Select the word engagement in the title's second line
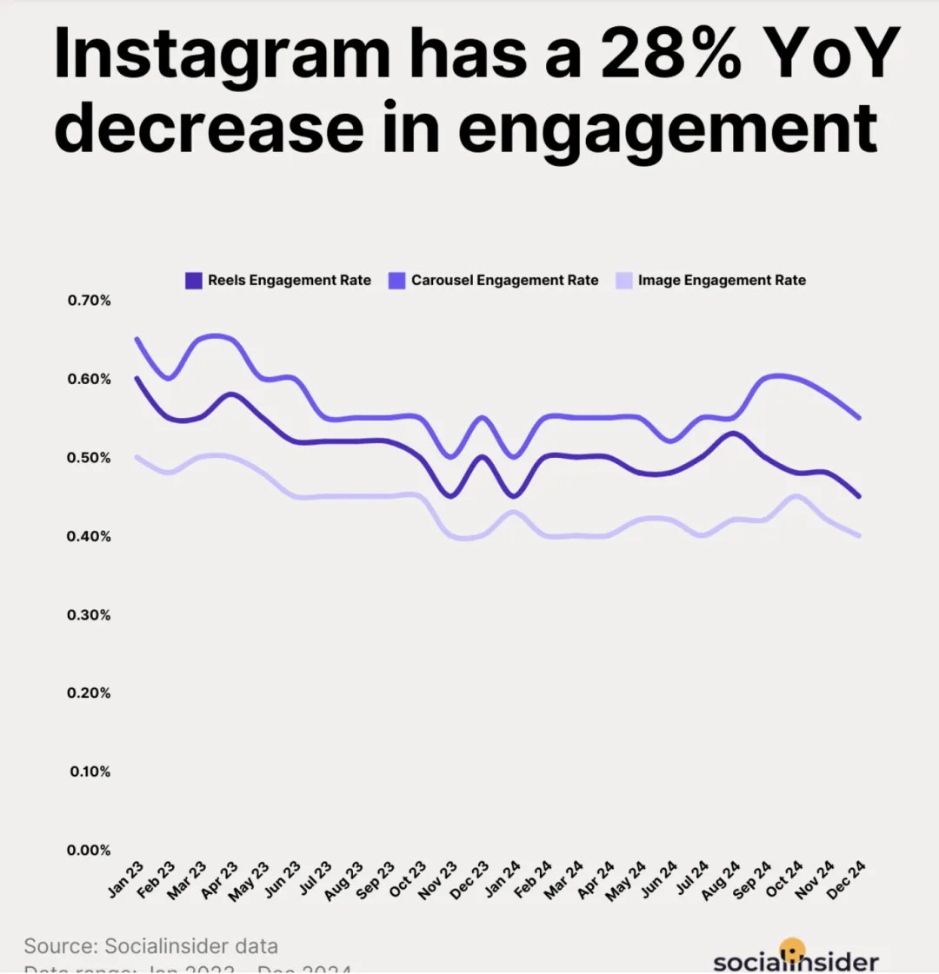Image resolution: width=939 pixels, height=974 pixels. pos(668,129)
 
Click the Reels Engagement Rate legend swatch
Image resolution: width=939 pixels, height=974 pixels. pos(194,281)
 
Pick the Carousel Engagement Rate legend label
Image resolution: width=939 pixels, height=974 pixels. pos(504,281)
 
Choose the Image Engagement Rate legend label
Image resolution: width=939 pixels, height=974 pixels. pos(722,281)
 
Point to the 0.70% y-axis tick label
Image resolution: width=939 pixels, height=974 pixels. pos(90,301)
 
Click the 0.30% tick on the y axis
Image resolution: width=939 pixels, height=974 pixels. pos(90,615)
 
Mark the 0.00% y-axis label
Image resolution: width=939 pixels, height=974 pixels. pos(90,851)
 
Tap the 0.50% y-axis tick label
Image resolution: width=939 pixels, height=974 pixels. pos(90,458)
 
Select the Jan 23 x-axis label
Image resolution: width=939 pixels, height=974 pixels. pos(125,878)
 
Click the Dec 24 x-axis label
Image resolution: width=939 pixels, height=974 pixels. pos(845,878)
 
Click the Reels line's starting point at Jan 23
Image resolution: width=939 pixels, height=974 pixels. pos(137,378)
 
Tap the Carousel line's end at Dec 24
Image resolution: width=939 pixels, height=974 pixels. pos(859,418)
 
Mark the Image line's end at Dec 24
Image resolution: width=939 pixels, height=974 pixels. pos(859,535)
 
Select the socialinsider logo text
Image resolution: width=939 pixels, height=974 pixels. pos(796,961)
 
